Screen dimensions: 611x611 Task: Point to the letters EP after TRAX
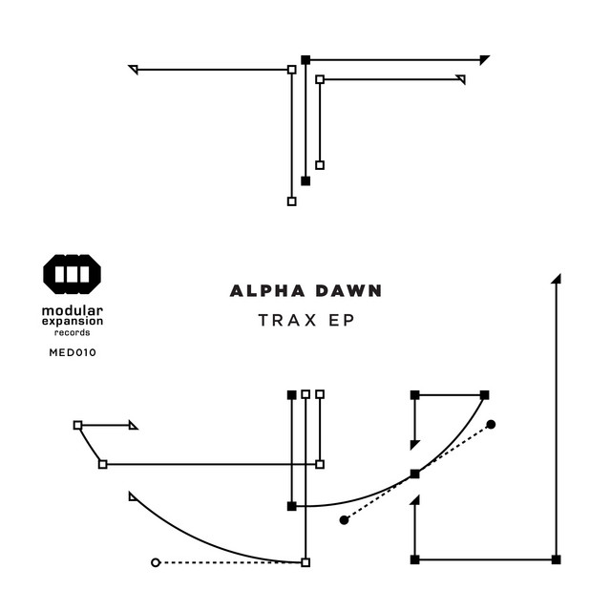click(342, 321)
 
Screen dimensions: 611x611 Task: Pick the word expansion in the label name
click(73, 323)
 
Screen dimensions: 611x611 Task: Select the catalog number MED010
click(73, 352)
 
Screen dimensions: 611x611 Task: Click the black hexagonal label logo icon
click(73, 274)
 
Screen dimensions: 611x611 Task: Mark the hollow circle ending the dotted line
click(156, 562)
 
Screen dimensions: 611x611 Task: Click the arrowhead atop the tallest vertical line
click(557, 279)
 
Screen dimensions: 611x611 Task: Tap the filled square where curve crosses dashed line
click(414, 474)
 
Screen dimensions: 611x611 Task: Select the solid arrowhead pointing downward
click(414, 444)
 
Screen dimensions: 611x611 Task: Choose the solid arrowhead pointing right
click(485, 59)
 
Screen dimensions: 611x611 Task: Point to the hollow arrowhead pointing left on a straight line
click(134, 69)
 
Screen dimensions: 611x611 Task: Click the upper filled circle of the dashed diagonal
click(491, 424)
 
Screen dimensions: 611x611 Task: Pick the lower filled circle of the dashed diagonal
click(344, 520)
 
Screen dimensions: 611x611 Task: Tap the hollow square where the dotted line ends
click(305, 562)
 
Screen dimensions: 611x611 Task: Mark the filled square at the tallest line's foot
click(556, 558)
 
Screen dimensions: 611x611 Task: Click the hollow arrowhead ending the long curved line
click(133, 495)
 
